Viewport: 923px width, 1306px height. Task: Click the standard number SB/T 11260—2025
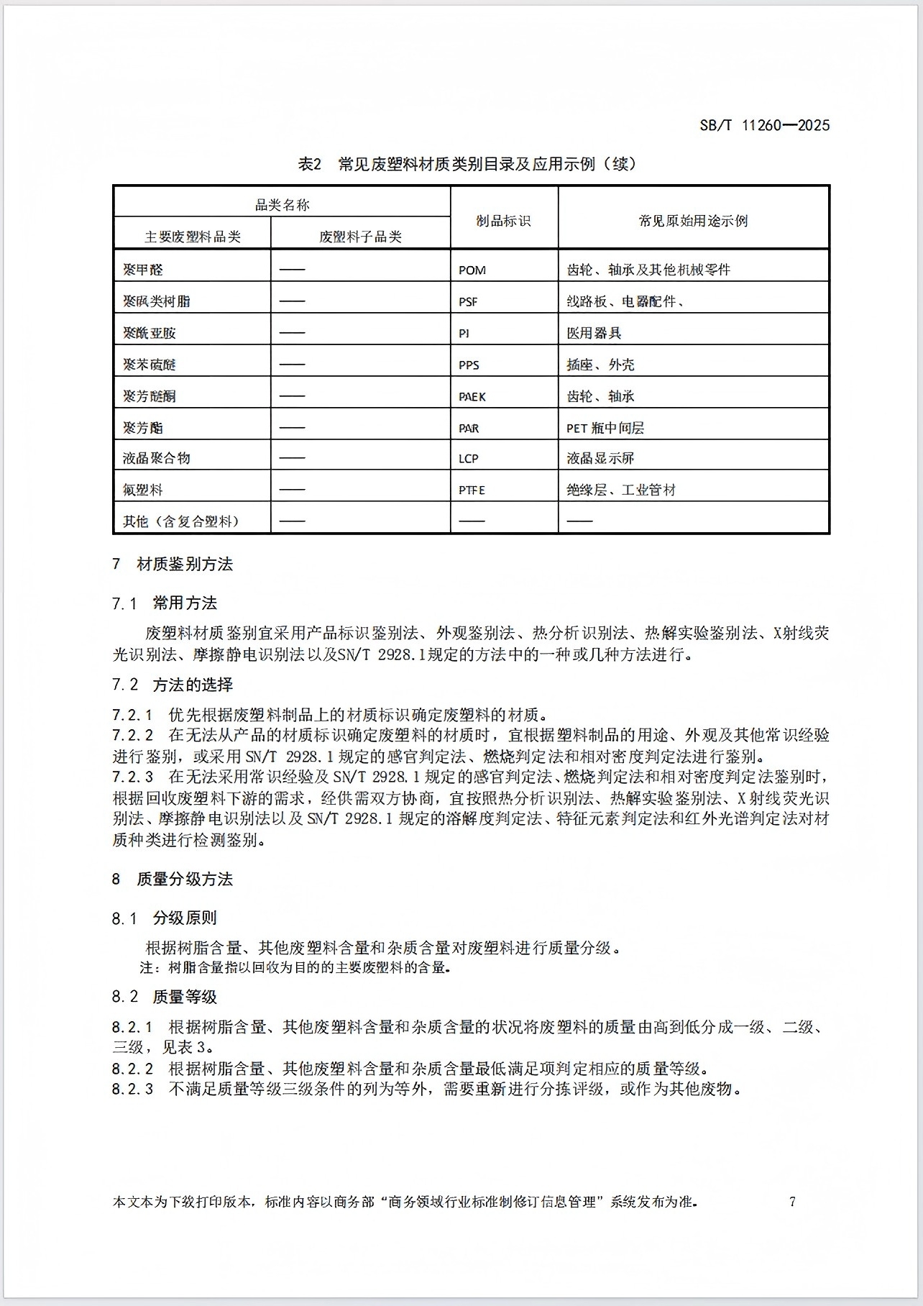point(764,125)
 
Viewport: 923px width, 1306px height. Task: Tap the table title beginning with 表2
point(467,164)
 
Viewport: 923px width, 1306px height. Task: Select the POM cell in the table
point(472,270)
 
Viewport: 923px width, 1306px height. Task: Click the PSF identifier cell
point(468,301)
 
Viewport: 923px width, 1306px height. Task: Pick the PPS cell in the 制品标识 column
point(469,365)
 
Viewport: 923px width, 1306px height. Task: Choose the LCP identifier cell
point(469,458)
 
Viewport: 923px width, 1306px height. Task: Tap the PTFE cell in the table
point(472,490)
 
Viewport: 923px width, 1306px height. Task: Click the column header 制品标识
point(503,221)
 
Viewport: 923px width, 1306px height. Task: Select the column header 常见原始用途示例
point(693,221)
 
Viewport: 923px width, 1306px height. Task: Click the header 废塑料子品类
point(360,237)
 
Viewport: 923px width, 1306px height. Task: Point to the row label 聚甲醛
point(143,270)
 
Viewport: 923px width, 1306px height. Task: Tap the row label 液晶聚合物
point(157,458)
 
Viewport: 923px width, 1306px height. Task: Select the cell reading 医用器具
point(594,333)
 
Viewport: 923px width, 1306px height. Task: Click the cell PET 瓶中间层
point(605,428)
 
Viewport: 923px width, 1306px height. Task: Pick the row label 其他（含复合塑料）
point(180,521)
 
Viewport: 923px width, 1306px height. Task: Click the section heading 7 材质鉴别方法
point(173,564)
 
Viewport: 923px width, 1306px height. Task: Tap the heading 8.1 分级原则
point(164,918)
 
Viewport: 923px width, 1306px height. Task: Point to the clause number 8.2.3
point(132,1089)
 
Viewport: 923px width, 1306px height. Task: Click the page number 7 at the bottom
point(792,1201)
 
